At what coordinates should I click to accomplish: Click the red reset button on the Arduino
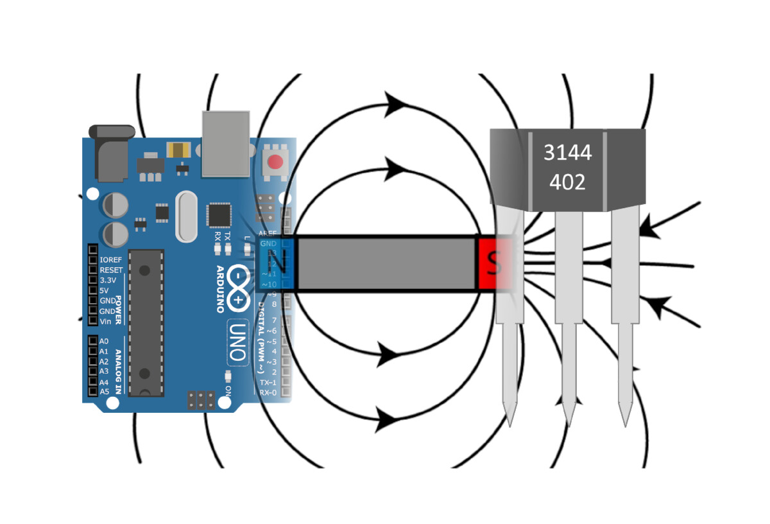(x=276, y=161)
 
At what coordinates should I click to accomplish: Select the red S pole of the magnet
(x=494, y=264)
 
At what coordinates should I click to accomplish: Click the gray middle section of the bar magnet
(x=385, y=264)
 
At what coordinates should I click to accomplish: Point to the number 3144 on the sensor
(x=567, y=153)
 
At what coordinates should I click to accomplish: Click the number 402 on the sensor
(x=567, y=182)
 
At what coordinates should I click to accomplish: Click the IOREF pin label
(x=111, y=260)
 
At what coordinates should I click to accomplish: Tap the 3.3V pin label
(x=110, y=281)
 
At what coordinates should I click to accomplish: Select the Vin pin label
(x=106, y=321)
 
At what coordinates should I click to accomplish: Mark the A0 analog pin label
(x=104, y=341)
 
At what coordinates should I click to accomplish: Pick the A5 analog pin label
(x=104, y=391)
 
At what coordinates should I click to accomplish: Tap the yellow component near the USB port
(x=178, y=150)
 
